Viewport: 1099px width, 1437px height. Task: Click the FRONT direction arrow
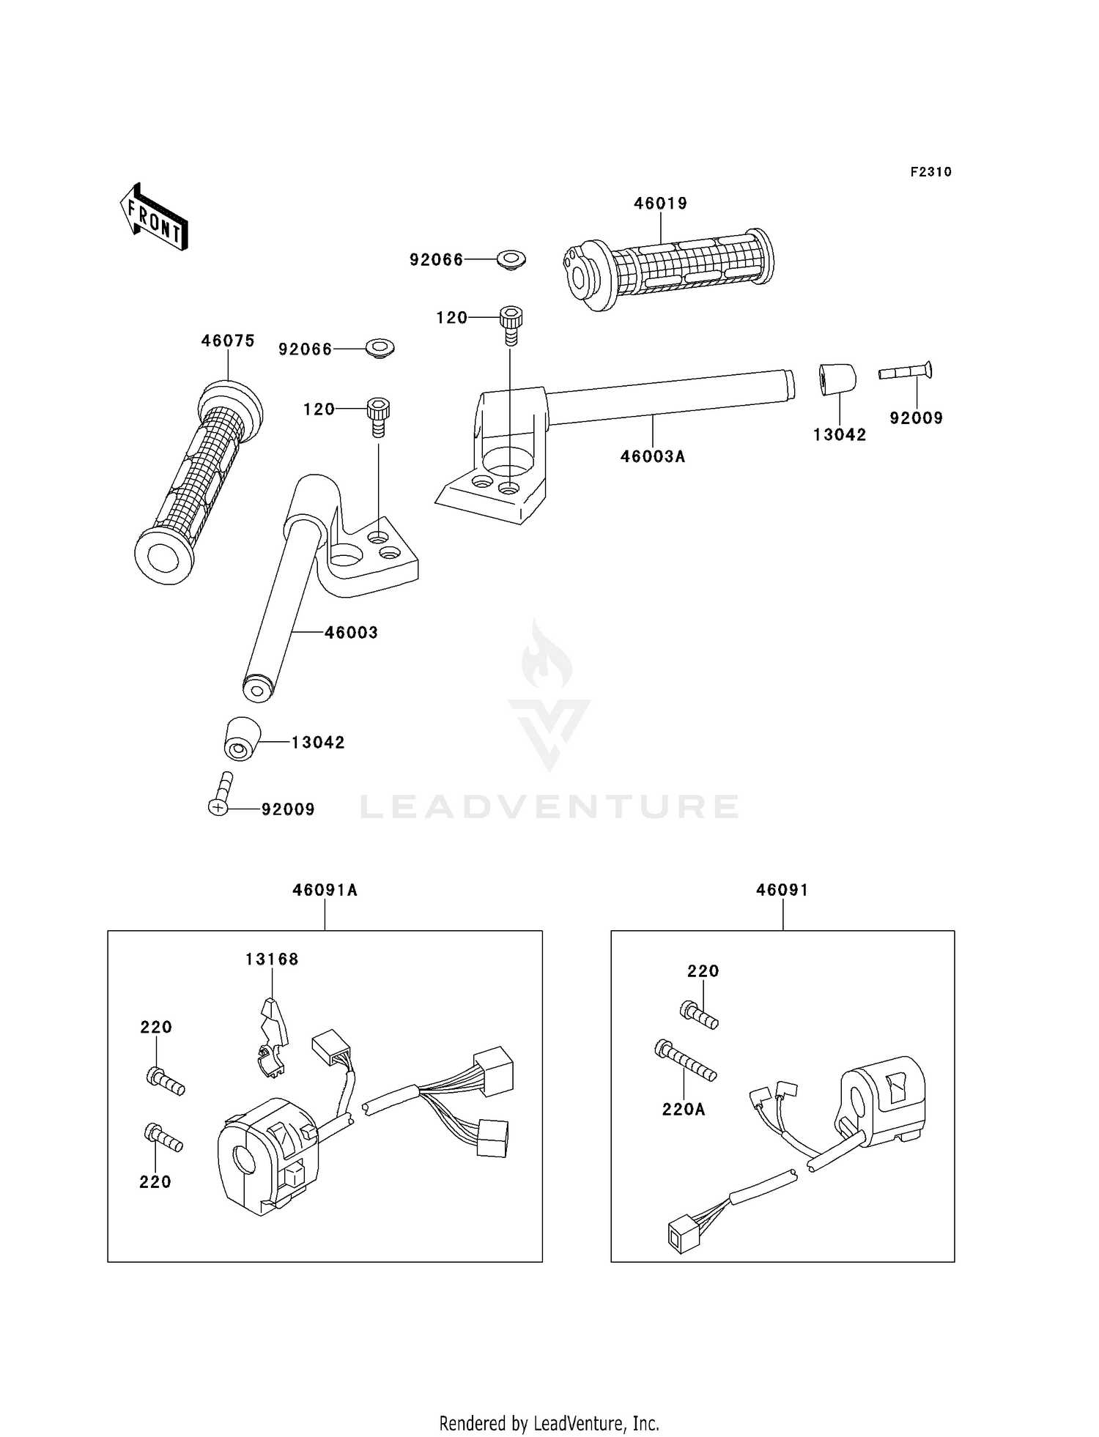[x=155, y=218]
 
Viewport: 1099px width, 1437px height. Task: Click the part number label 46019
[x=661, y=204]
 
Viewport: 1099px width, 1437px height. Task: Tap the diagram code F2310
[x=931, y=172]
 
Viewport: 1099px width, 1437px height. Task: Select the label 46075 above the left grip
[x=228, y=341]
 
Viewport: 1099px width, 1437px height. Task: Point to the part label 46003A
[x=653, y=456]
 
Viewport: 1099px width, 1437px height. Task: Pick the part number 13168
[x=272, y=959]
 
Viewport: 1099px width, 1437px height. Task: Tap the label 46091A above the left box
[x=325, y=890]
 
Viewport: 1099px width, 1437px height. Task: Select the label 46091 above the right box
[x=782, y=890]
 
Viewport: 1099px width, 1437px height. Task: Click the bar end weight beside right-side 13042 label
[x=837, y=379]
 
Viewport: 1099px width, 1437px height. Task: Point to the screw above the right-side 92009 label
[x=906, y=371]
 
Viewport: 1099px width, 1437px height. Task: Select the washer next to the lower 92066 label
[x=380, y=349]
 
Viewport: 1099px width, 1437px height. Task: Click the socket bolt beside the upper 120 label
[x=511, y=325]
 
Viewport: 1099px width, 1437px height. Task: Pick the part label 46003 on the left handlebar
[x=351, y=633]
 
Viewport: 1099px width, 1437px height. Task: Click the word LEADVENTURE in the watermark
[x=549, y=806]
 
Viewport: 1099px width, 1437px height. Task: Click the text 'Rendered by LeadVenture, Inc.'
[x=549, y=1423]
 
